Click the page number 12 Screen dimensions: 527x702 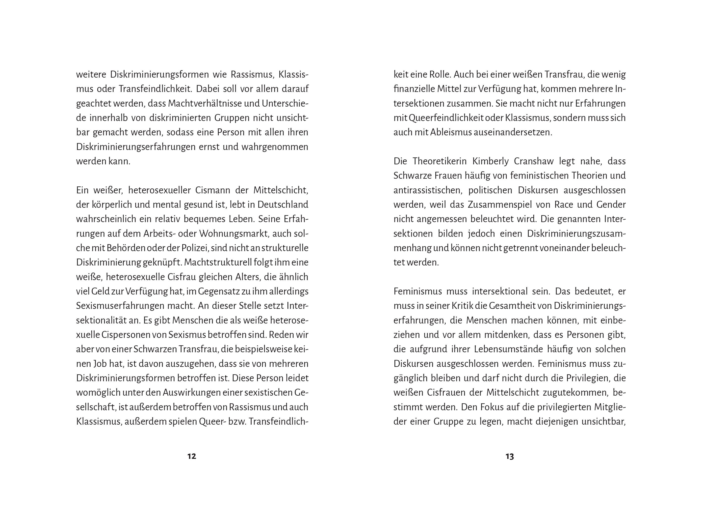coord(192,457)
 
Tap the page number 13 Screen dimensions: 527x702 coord(510,457)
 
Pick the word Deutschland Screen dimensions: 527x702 coord(283,205)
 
